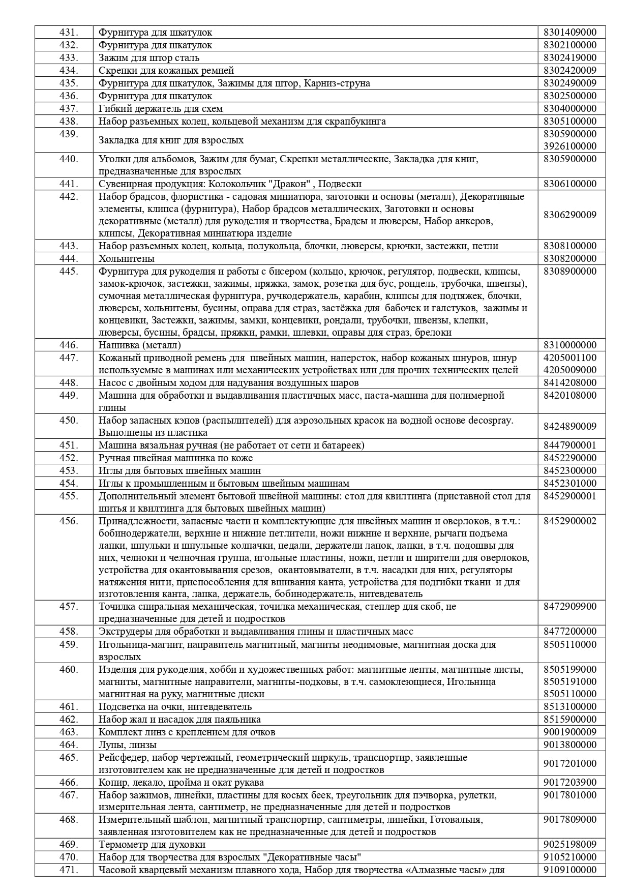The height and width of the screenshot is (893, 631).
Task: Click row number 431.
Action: pyautogui.click(x=69, y=33)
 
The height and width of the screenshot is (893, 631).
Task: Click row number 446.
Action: pyautogui.click(x=69, y=345)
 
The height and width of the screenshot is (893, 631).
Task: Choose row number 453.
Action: pyautogui.click(x=69, y=471)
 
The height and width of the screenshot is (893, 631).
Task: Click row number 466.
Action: pyautogui.click(x=69, y=783)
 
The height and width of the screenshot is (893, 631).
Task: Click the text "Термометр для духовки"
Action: pyautogui.click(x=152, y=845)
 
